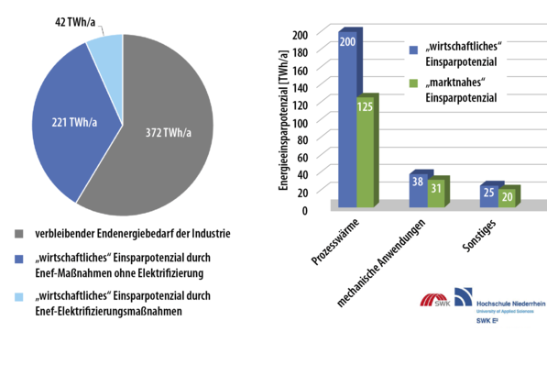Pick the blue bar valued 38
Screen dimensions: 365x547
coord(417,189)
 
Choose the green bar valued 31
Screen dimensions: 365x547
coord(435,192)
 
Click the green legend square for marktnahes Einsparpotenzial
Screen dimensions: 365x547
coord(412,83)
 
